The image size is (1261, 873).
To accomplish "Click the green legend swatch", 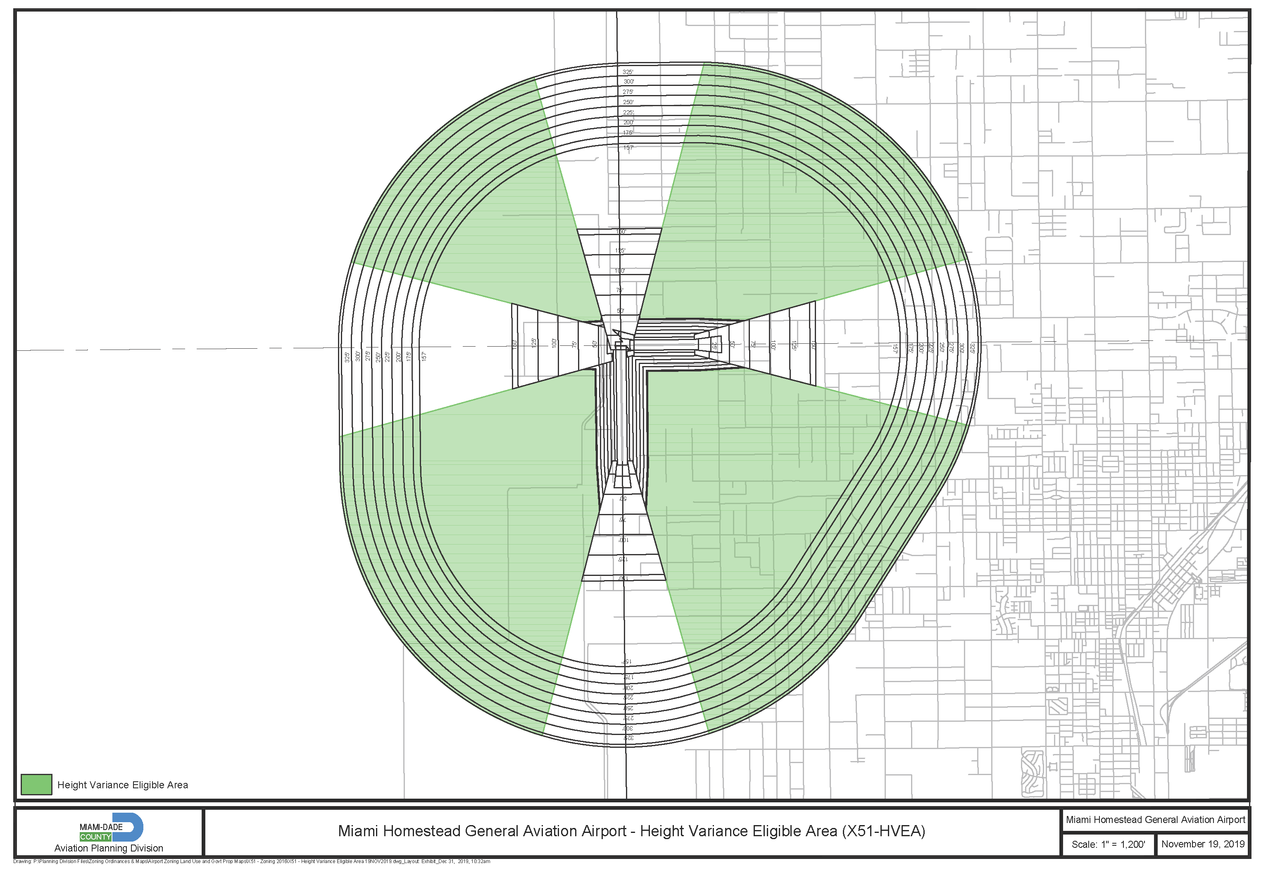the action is (36, 785).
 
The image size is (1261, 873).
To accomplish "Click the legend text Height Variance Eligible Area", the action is (123, 785).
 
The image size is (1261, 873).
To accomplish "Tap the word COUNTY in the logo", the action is (95, 837).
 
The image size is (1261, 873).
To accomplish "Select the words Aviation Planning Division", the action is (108, 848).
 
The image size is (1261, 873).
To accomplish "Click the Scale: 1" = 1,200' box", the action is (1108, 844).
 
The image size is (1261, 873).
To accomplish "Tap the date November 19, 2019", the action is (1202, 844).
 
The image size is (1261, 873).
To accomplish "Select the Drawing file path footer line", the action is (252, 861).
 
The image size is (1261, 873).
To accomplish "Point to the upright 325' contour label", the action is (628, 71).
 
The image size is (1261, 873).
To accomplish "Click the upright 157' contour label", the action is (628, 147).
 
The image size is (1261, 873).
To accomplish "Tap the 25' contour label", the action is (714, 346).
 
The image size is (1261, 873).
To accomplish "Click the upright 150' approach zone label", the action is (621, 231).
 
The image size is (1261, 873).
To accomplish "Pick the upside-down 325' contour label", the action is (628, 738).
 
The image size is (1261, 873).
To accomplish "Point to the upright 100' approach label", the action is (619, 271).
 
